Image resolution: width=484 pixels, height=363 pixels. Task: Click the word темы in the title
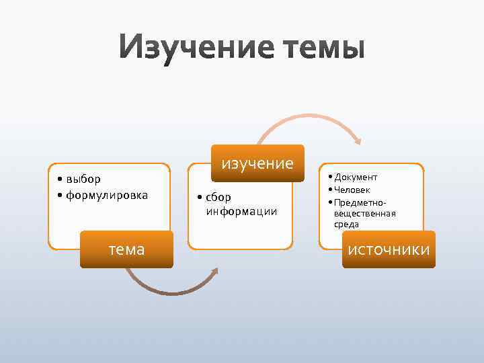[x=315, y=48]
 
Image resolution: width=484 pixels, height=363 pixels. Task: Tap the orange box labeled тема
[x=126, y=249]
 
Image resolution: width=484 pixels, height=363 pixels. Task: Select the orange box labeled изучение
[x=257, y=163]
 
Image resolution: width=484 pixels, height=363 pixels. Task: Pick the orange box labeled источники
[x=389, y=249]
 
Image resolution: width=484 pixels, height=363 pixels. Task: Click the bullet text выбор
[x=83, y=179]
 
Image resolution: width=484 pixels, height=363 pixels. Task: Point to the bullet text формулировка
[x=107, y=195]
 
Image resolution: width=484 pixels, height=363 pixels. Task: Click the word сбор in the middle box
[x=218, y=198]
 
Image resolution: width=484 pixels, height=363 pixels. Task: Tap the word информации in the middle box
[x=241, y=211]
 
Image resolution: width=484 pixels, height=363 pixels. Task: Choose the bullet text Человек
[x=352, y=190]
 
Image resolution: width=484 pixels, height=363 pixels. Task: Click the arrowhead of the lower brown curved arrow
[x=214, y=272]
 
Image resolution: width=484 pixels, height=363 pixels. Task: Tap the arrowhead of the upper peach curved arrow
[x=358, y=141]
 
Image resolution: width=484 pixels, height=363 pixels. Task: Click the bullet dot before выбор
[x=61, y=179]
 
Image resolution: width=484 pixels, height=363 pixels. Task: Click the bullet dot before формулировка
[x=61, y=196]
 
